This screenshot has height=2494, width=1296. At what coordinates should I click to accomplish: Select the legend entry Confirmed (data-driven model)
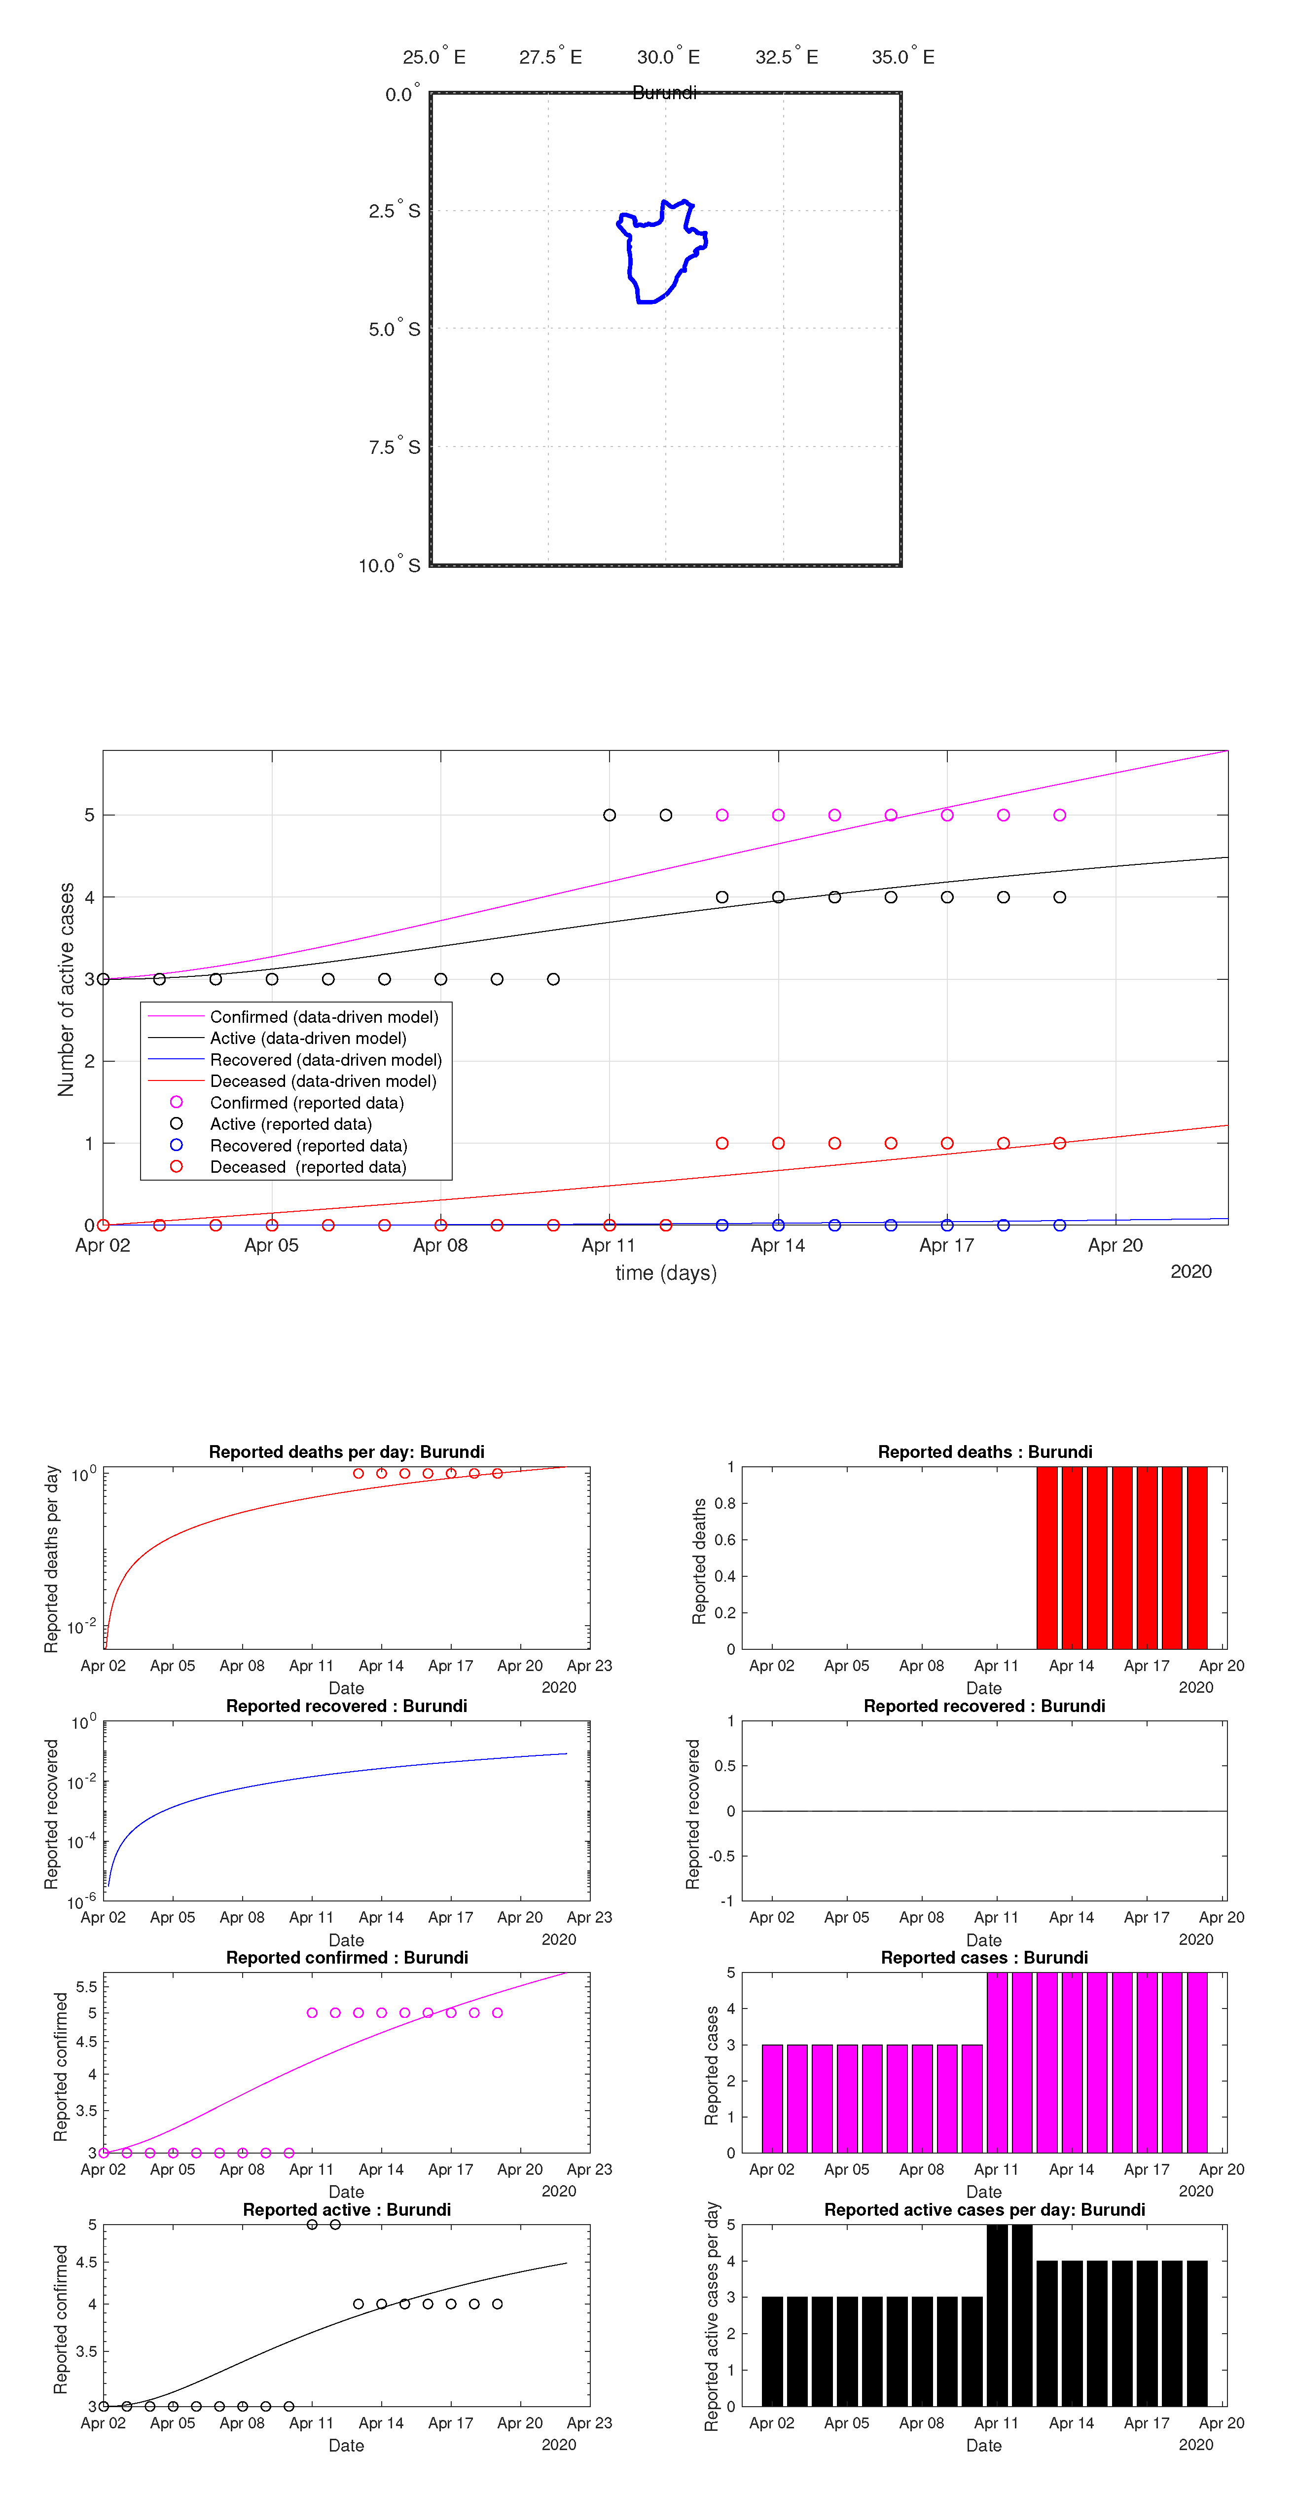pos(324,1016)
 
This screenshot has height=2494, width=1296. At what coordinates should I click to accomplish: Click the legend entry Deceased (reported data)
pos(308,1167)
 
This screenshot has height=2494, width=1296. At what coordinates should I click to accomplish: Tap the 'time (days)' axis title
pos(666,1272)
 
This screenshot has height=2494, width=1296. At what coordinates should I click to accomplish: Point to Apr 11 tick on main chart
pos(609,1245)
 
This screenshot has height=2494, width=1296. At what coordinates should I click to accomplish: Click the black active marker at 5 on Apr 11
pos(609,815)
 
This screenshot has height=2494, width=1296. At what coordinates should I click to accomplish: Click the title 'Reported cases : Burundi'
pos(984,1958)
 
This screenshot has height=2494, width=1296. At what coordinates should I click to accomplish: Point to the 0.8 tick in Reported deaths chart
pos(725,1504)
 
